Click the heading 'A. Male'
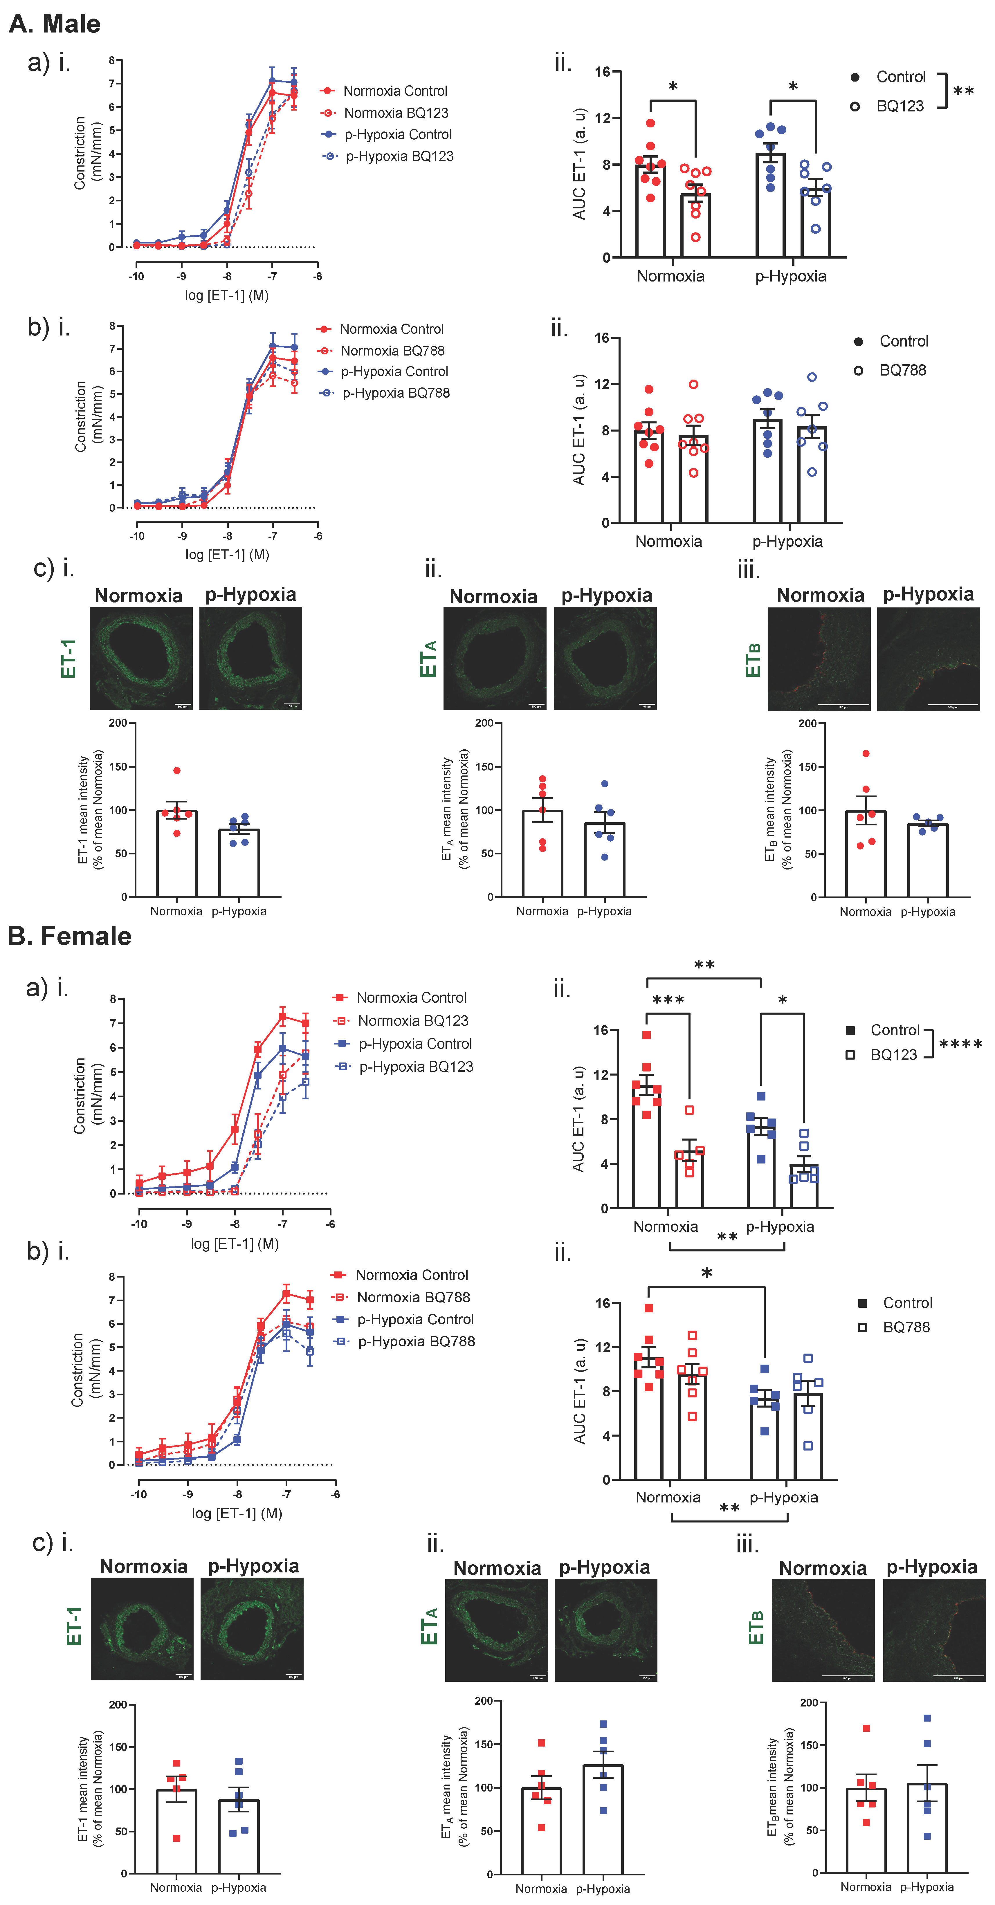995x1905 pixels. click(x=55, y=24)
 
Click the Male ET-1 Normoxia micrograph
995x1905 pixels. click(x=140, y=658)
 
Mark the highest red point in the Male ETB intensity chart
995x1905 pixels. click(x=866, y=754)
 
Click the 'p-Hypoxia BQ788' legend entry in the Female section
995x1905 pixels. click(x=416, y=1341)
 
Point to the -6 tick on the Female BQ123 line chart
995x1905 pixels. click(x=330, y=1224)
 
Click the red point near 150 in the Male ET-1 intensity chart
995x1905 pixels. click(x=177, y=771)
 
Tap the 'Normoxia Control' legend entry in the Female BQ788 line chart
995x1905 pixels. click(x=411, y=1275)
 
